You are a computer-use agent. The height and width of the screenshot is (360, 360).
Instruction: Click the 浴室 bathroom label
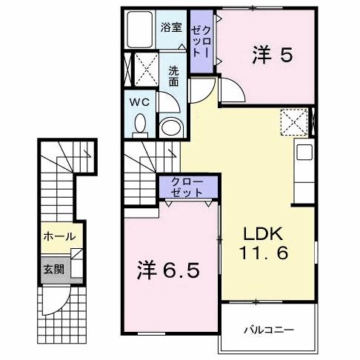tap(171, 27)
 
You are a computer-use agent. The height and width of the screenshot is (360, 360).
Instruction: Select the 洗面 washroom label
tap(173, 77)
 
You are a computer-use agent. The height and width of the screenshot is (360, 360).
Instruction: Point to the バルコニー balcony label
tap(270, 330)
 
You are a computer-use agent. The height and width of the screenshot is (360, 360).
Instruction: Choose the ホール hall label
tap(59, 237)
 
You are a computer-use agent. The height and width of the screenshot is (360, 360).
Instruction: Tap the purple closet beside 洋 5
tap(200, 42)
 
